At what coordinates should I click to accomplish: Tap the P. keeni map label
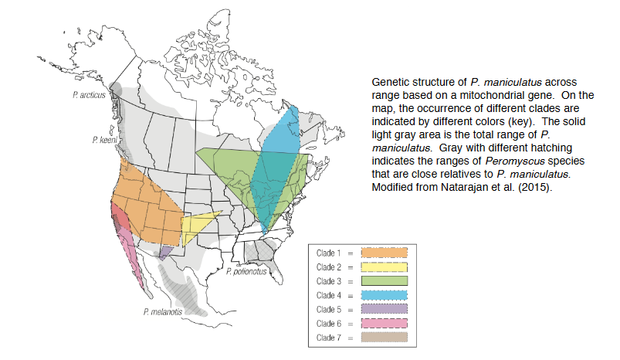102,141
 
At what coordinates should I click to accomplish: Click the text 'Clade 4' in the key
330,295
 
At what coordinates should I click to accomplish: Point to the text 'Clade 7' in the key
330,338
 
